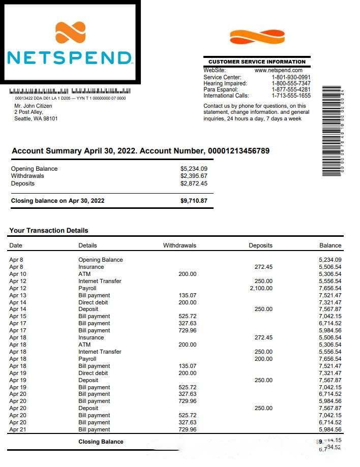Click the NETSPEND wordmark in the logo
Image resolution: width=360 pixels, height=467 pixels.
70,57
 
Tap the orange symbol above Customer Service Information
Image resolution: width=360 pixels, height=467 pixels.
257,37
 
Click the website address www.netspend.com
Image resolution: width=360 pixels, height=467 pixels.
278,70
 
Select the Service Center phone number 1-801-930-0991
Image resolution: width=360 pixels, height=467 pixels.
291,77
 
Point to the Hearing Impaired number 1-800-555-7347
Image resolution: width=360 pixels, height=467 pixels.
291,83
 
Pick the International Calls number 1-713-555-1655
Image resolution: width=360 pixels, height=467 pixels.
291,96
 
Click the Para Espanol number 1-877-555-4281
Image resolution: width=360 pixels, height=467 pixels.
291,89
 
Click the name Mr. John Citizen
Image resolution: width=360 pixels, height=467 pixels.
33,106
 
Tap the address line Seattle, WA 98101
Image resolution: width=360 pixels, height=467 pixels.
36,119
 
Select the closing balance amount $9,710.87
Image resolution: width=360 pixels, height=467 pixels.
194,201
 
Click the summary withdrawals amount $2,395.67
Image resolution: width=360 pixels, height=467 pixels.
194,176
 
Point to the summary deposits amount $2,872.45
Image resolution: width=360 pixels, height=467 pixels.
194,183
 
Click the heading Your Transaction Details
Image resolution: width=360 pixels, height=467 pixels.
49,230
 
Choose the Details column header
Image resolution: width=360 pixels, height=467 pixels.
87,245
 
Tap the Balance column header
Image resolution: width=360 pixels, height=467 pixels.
330,245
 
